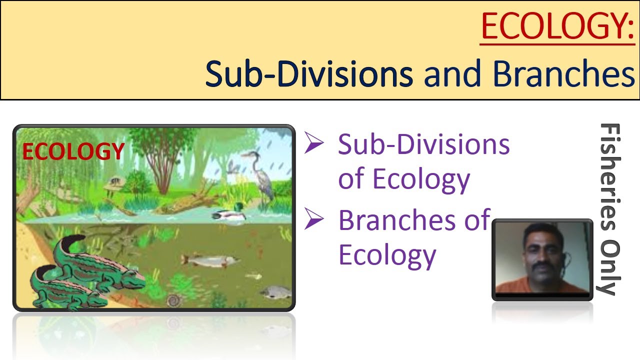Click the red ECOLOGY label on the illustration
point(73,151)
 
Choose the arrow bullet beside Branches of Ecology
point(315,220)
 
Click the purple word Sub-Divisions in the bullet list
point(423,145)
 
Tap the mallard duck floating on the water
point(228,214)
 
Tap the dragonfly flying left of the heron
point(233,166)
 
